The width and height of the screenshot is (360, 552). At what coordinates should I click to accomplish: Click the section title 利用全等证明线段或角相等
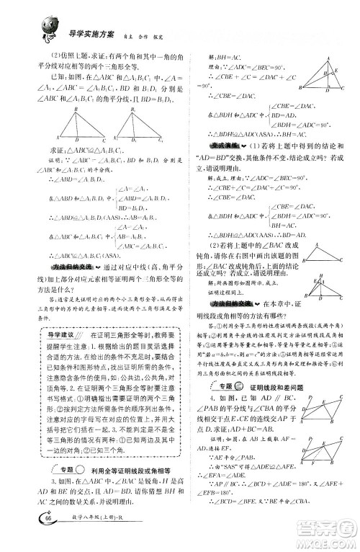pyautogui.click(x=117, y=430)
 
